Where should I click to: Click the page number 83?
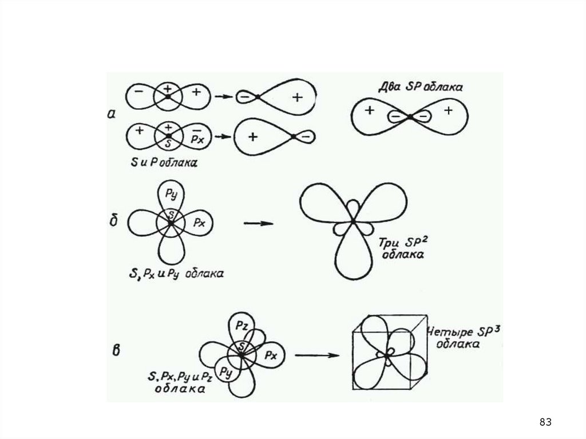(x=545, y=422)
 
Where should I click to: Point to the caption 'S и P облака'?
(x=162, y=163)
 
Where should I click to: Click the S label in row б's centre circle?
(x=170, y=215)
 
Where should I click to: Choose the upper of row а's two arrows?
(x=223, y=96)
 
